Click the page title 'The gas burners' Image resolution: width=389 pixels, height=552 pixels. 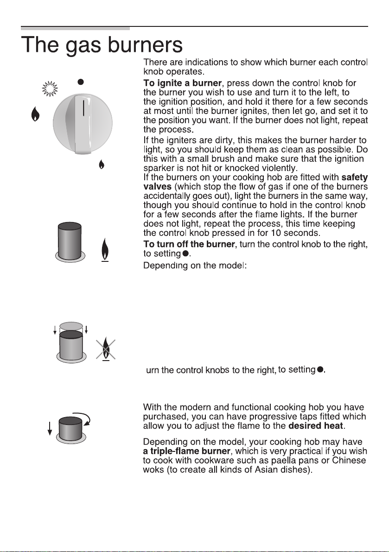pyautogui.click(x=102, y=45)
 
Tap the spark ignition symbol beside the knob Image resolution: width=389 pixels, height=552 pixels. pyautogui.click(x=50, y=89)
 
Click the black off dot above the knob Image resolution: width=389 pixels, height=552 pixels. pyautogui.click(x=81, y=82)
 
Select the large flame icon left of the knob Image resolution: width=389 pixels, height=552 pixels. pyautogui.click(x=35, y=114)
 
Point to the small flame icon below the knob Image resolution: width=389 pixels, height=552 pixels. pyautogui.click(x=102, y=165)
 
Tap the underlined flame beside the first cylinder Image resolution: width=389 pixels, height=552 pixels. pyautogui.click(x=105, y=250)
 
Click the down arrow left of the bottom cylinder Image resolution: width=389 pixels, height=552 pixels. pyautogui.click(x=50, y=428)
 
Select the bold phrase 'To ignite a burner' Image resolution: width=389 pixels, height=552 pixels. pyautogui.click(x=183, y=83)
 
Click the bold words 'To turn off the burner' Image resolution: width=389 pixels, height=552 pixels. pyautogui.click(x=189, y=244)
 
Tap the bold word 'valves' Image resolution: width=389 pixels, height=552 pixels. pyautogui.click(x=157, y=187)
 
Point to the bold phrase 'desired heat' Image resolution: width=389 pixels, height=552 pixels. pyautogui.click(x=315, y=426)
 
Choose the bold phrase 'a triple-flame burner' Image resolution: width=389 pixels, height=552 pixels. pyautogui.click(x=186, y=451)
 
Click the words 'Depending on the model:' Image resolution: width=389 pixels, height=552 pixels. pyautogui.click(x=195, y=265)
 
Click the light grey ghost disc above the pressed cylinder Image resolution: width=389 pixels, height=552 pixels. pyautogui.click(x=71, y=326)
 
